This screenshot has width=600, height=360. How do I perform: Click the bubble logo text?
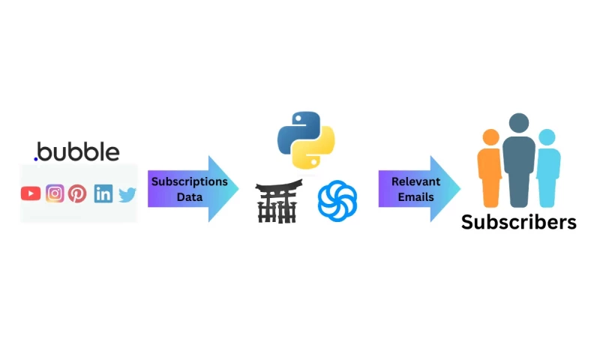click(77, 152)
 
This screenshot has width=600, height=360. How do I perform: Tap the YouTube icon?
click(31, 193)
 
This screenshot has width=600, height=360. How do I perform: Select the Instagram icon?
click(55, 193)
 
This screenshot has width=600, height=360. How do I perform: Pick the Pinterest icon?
click(77, 193)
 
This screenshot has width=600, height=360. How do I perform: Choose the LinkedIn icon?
click(103, 193)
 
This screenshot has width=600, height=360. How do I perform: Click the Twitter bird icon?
click(127, 194)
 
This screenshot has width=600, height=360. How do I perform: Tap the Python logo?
click(306, 139)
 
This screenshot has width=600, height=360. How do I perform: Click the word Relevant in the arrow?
click(415, 181)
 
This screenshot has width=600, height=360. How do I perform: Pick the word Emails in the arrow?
click(415, 197)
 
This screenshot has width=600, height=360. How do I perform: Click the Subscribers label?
click(518, 222)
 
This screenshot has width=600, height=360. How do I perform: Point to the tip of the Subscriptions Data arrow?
click(238, 189)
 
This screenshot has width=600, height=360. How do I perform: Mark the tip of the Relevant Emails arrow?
click(460, 189)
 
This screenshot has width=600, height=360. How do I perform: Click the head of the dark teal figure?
click(519, 123)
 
